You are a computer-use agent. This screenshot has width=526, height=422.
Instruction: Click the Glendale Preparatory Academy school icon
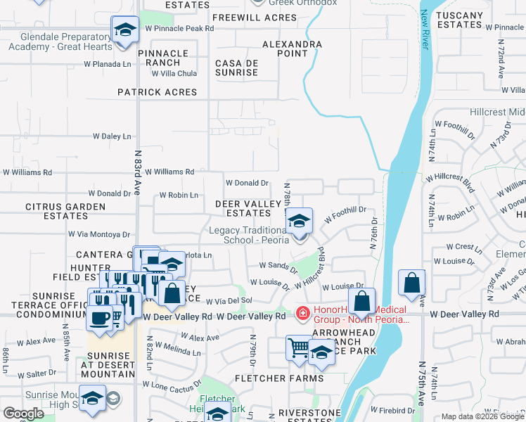(124, 30)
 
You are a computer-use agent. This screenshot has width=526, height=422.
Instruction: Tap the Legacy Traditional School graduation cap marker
(299, 222)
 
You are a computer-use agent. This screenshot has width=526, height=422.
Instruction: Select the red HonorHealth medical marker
(302, 312)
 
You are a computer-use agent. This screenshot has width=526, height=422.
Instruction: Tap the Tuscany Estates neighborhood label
(460, 20)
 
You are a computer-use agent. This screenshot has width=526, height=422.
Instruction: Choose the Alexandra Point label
(292, 49)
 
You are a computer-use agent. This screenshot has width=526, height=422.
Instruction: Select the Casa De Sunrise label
(236, 68)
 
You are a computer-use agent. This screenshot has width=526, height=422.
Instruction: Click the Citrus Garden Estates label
(65, 212)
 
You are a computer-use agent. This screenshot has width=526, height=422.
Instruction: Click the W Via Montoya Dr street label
(99, 234)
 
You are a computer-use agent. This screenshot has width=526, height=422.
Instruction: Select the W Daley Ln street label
(112, 136)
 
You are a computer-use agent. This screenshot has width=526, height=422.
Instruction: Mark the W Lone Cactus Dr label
(172, 385)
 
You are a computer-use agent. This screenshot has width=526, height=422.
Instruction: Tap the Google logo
(23, 414)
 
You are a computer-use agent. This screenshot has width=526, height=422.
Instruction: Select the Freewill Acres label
(244, 17)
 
